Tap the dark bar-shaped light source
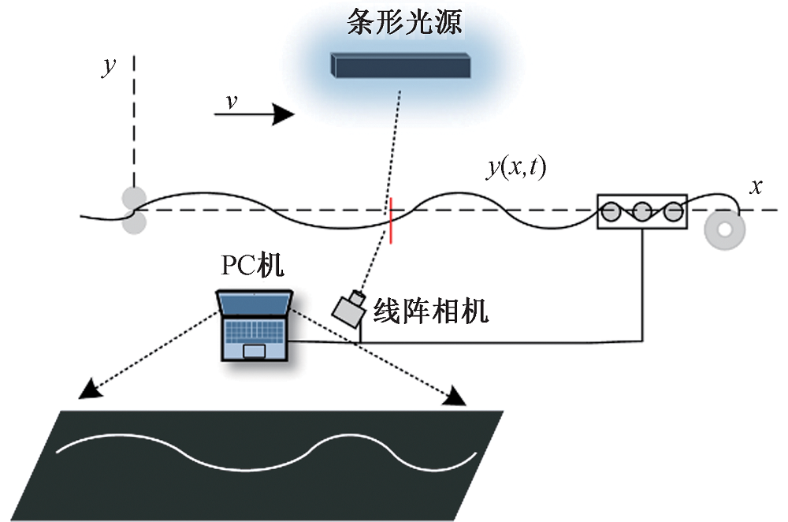pos(401,65)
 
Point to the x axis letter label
pos(756,187)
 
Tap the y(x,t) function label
pos(516,168)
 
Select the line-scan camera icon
pos(348,308)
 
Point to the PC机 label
pos(251,267)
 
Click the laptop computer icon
pos(254,325)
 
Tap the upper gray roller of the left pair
pos(132,197)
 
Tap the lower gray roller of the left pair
pos(132,223)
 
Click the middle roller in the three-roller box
pos(642,211)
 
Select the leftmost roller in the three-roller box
pos(611,211)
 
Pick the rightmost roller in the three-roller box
pos(672,211)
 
